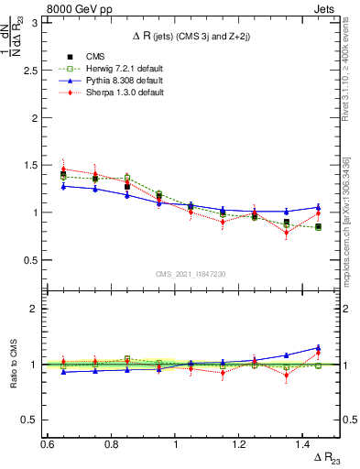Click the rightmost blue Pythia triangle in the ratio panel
tap(318, 348)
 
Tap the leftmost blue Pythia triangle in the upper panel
tap(63, 186)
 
